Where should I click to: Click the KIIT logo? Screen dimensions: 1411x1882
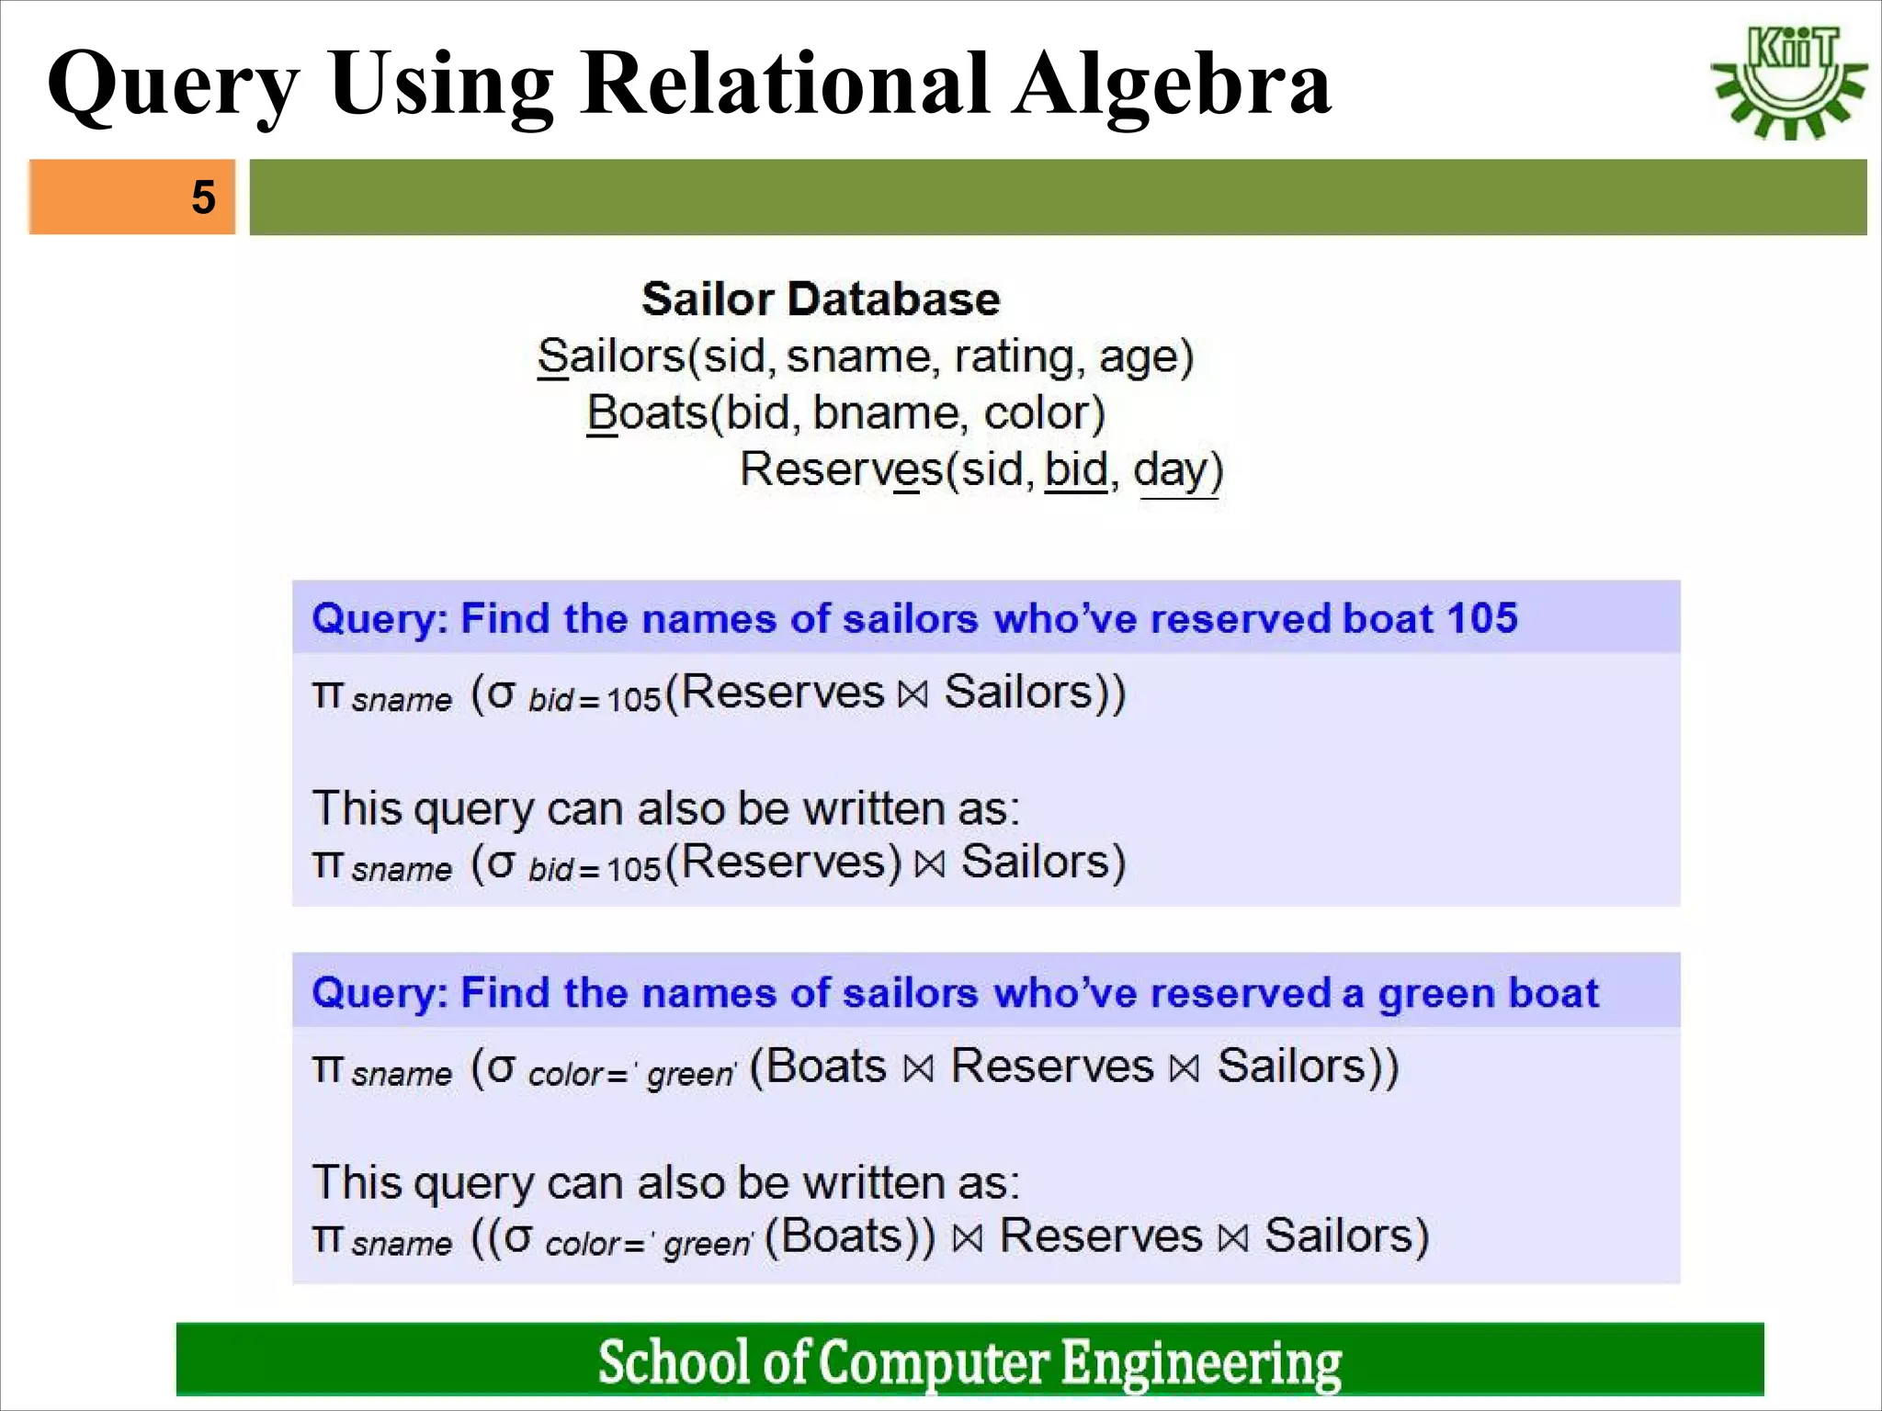click(1788, 83)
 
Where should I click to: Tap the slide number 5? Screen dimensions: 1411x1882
click(203, 198)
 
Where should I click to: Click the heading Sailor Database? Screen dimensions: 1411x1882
click(820, 299)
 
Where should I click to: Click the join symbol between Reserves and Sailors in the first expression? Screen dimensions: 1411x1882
click(913, 694)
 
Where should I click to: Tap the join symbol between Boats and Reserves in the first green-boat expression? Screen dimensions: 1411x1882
click(918, 1068)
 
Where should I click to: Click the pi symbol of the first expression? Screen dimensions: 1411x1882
click(326, 694)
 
